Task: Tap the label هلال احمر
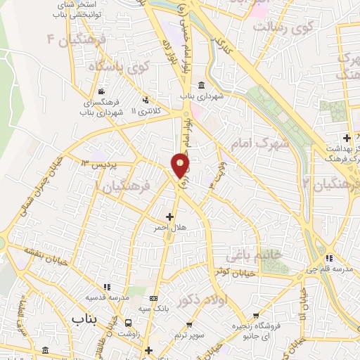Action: pos(168,229)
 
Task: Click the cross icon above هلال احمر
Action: pos(169,217)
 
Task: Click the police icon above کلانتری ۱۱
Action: pos(146,100)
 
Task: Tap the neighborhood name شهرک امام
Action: pos(260,143)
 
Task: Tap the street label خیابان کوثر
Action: pos(233,271)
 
